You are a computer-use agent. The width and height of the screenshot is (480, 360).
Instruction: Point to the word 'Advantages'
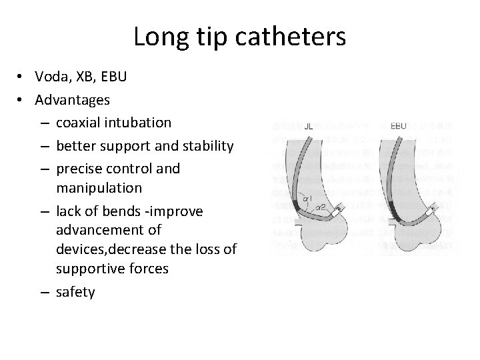click(73, 100)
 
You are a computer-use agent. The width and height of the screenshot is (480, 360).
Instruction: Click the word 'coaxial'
click(79, 123)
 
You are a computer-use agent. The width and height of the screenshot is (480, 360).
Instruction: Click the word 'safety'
click(75, 291)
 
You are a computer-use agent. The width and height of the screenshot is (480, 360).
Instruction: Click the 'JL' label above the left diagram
click(308, 126)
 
